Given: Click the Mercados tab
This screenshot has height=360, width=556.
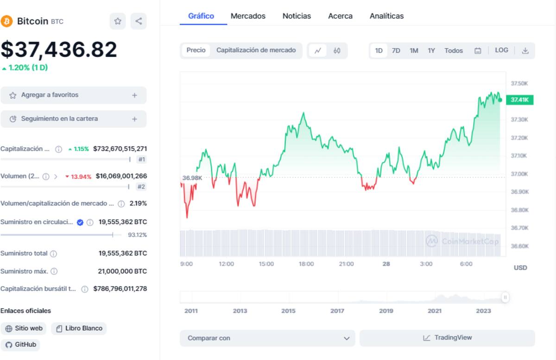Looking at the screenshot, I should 248,16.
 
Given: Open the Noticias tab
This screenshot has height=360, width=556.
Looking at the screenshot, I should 297,16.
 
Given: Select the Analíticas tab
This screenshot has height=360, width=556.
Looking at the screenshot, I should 386,16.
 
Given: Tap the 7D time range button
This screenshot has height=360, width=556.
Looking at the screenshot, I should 396,51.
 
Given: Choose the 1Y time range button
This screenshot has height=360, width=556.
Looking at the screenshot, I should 431,51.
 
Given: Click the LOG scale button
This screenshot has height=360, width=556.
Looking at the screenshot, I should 501,50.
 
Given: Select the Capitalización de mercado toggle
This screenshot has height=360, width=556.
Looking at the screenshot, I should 256,50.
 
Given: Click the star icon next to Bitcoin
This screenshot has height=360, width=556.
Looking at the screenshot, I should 118,21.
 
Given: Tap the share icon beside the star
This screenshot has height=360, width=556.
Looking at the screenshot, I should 139,21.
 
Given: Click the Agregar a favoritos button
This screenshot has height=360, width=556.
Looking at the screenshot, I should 73,95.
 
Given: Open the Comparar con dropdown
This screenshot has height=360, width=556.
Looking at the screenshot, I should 267,338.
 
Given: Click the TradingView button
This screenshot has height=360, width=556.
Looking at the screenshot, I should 447,338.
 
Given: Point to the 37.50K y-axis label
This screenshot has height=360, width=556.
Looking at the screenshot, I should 519,83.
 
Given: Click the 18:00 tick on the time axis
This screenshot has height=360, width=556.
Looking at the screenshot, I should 306,264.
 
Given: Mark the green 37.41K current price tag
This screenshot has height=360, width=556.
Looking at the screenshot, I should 519,100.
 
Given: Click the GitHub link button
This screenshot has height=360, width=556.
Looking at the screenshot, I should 20,345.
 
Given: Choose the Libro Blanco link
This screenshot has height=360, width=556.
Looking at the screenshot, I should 79,328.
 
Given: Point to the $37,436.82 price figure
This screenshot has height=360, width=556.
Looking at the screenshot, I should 59,50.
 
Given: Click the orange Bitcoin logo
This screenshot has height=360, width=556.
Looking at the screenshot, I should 6,21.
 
